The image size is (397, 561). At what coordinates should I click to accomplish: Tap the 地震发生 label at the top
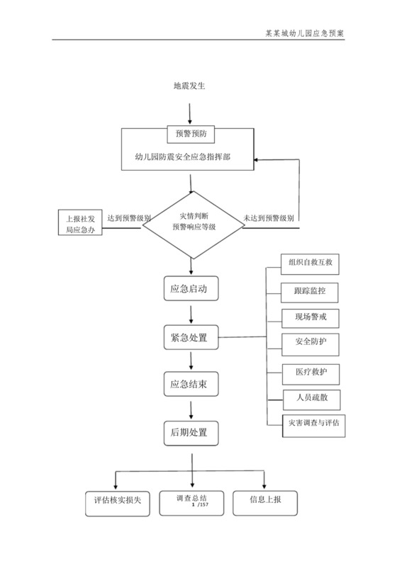[189, 86]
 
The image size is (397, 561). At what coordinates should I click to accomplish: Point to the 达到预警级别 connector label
[128, 219]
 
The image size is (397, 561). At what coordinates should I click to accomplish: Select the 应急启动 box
[189, 288]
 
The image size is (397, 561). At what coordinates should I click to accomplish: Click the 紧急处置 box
[189, 337]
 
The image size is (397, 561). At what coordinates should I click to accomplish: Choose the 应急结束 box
[189, 385]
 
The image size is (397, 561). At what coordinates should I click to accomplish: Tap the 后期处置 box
[189, 431]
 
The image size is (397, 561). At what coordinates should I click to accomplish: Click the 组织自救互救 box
[310, 263]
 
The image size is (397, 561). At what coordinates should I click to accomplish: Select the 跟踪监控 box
[310, 290]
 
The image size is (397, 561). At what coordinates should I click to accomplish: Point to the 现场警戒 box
[310, 316]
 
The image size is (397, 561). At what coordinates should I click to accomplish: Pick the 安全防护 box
[310, 342]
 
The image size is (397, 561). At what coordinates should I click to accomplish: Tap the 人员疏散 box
[310, 398]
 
